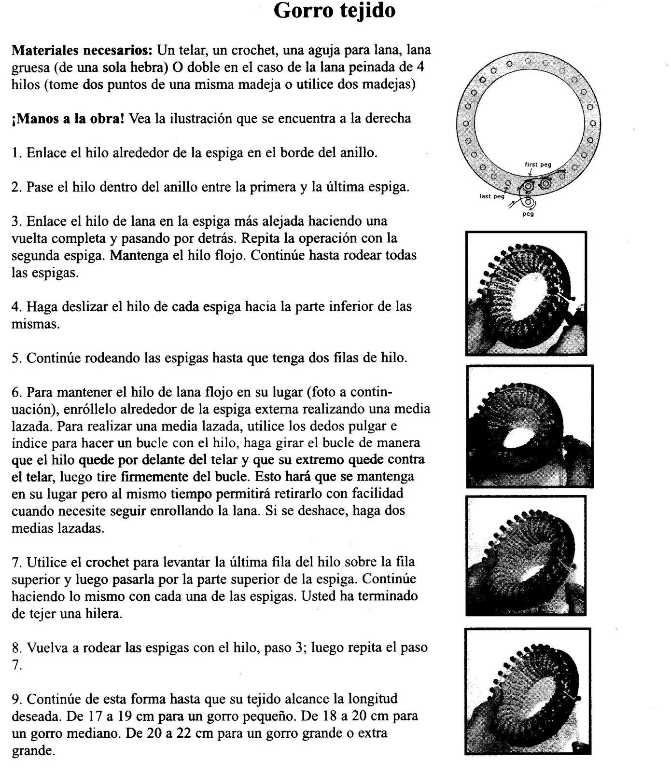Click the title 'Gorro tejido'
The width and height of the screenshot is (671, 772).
(335, 11)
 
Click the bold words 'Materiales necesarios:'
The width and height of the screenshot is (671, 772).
(82, 50)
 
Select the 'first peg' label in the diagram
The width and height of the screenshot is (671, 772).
(538, 165)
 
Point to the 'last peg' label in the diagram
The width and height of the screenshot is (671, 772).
(491, 196)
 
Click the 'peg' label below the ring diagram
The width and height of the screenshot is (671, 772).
(528, 214)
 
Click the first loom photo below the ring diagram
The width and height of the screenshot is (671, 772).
(526, 293)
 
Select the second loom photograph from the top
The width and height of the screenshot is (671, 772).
(530, 427)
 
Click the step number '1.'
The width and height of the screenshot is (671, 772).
(17, 153)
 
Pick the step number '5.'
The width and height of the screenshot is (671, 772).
(17, 358)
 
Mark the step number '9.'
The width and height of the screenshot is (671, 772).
(17, 699)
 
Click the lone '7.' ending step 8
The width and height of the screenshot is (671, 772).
(17, 665)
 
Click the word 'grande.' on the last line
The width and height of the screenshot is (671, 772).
(33, 751)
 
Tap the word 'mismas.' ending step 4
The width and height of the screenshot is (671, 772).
(36, 324)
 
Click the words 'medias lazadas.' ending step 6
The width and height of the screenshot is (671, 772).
(57, 528)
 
